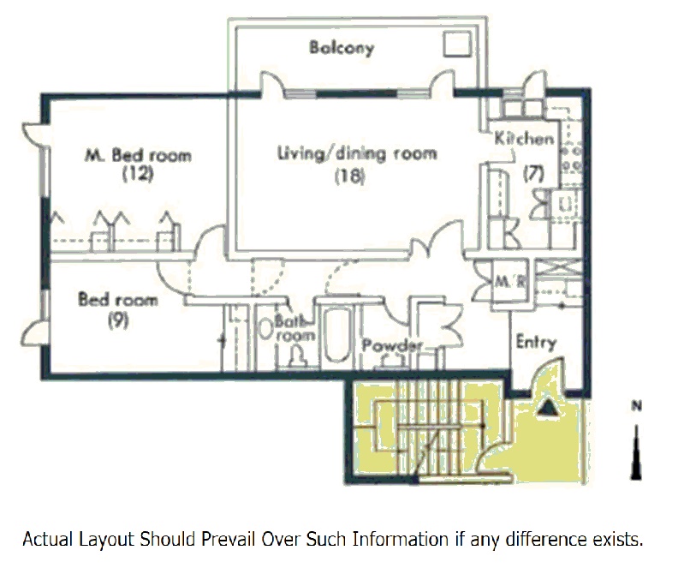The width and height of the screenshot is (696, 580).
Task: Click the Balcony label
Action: pos(342,48)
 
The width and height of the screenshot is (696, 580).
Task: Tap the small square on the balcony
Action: pos(457,45)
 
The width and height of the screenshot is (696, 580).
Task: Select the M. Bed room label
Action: pos(138,155)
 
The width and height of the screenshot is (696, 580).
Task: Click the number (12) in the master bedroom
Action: pos(138,174)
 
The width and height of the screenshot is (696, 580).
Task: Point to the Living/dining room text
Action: pos(357,153)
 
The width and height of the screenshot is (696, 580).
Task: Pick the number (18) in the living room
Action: pos(350,176)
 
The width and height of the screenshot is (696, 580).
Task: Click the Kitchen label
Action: pos(524,138)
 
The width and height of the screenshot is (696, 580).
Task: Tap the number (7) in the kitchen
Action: pos(533,173)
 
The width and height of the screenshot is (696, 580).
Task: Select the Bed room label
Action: pos(118,299)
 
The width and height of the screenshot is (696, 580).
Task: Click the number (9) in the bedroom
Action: pos(118,320)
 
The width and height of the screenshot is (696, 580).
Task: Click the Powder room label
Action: pos(392,345)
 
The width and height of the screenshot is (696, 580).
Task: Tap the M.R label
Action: pos(510,282)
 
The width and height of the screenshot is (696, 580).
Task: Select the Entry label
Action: pos(536,343)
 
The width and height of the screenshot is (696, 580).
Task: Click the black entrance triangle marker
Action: pos(549,408)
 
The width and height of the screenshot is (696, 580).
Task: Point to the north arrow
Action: pos(637,452)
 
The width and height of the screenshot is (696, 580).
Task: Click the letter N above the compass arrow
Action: pos(637,406)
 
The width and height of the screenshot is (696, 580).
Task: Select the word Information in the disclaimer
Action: pos(401,539)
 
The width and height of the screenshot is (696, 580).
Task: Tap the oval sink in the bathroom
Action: pos(265,329)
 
